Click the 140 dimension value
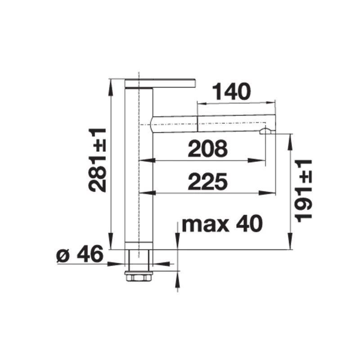pyautogui.click(x=231, y=92)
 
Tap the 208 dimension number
pyautogui.click(x=208, y=148)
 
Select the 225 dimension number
pyautogui.click(x=208, y=181)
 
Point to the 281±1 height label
pyautogui.click(x=97, y=160)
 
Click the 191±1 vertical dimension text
pyautogui.click(x=303, y=191)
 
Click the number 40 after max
pyautogui.click(x=249, y=224)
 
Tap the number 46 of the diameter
pyautogui.click(x=90, y=254)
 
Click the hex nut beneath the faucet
pyautogui.click(x=139, y=276)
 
